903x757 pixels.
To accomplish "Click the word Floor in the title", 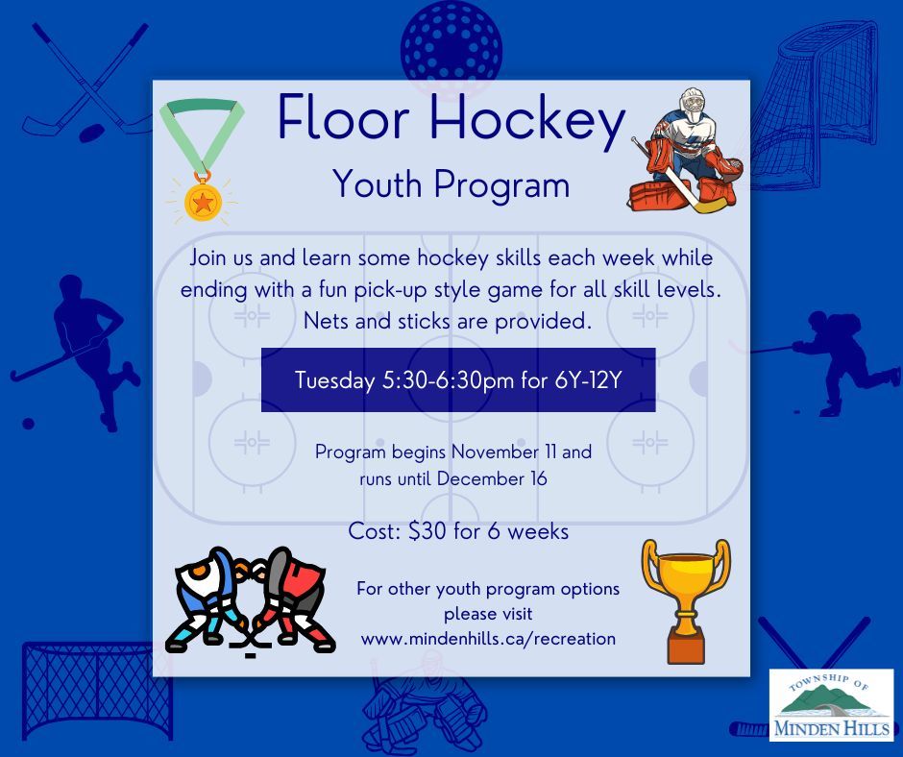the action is click(344, 118).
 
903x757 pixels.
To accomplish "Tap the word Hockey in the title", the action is click(527, 122).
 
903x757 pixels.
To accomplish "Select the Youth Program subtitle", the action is click(451, 184).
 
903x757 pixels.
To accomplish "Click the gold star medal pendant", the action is click(203, 201).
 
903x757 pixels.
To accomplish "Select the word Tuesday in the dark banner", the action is click(334, 380).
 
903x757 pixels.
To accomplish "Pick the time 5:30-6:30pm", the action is click(449, 380).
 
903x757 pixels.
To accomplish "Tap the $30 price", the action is click(427, 530).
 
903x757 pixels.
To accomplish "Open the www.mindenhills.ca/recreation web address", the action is click(488, 638).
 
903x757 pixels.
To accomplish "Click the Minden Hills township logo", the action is click(832, 704).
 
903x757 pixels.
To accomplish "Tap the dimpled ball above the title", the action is click(451, 47).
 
